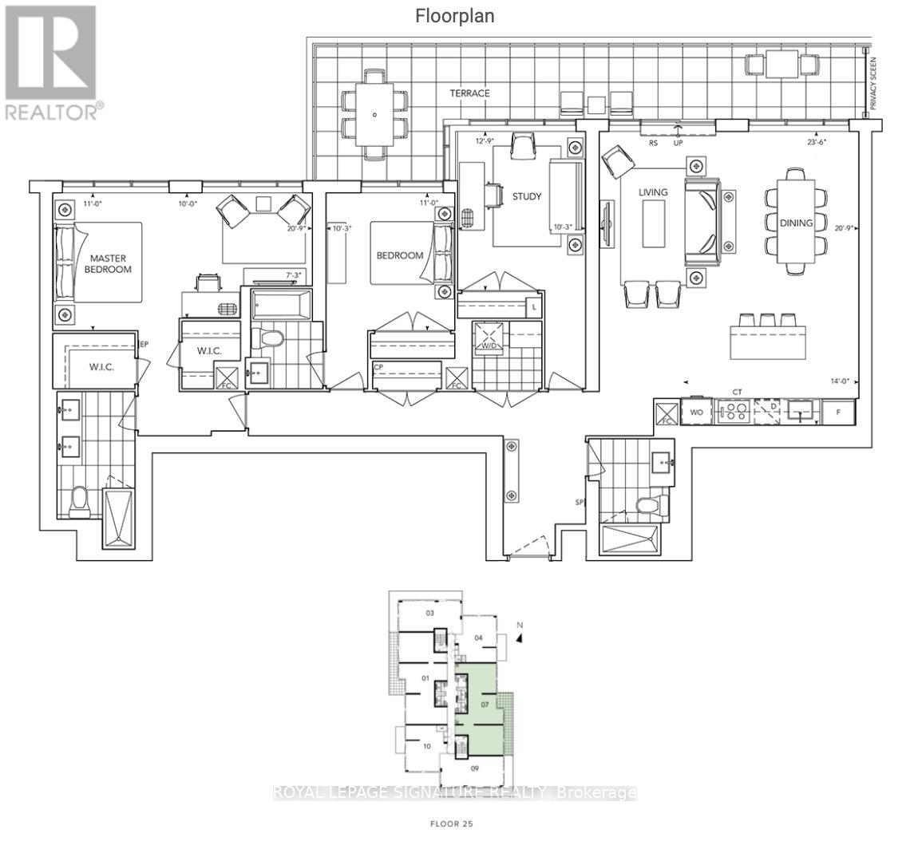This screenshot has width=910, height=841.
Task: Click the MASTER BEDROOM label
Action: pos(110,263)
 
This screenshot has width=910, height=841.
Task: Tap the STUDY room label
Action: pos(527,196)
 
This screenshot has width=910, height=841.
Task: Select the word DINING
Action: pos(796,223)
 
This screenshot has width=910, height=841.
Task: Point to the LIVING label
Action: pos(652,192)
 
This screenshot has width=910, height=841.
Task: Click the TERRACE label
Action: pos(469,93)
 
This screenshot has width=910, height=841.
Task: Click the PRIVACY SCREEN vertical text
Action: pos(874,84)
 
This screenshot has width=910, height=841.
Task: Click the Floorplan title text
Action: pos(454,16)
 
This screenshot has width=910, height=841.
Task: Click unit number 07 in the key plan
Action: pos(485,705)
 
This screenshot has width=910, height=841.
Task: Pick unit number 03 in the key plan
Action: pos(429,614)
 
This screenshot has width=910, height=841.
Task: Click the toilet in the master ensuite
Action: pos(80,501)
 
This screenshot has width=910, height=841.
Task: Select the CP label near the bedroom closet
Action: pos(378,368)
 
